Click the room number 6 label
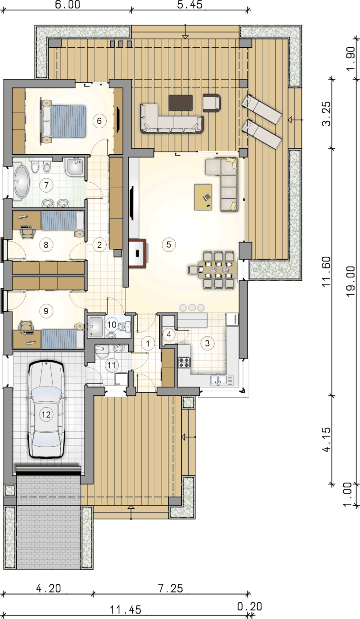point(99,121)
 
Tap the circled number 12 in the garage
point(46,414)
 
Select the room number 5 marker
point(169,244)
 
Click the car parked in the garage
point(46,409)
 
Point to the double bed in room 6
point(64,121)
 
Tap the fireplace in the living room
point(137,253)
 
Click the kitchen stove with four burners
point(184,363)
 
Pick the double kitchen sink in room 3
point(222,380)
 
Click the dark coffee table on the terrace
point(180,103)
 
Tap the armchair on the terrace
point(212,103)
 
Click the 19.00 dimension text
point(351,282)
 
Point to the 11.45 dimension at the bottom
point(126,609)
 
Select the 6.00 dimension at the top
point(67,4)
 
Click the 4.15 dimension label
point(327,440)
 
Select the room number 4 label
point(169,334)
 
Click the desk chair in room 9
point(26,325)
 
